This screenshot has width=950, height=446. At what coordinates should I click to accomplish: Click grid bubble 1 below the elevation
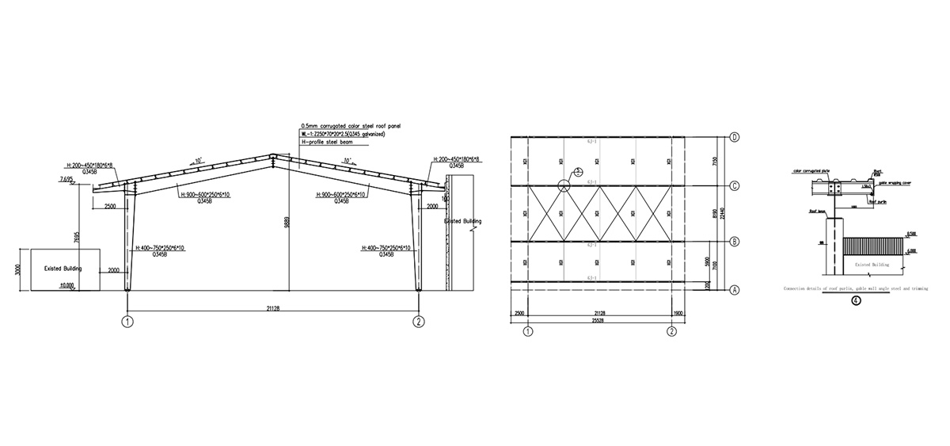click(x=127, y=321)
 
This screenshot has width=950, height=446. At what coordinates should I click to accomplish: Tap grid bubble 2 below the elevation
click(x=420, y=321)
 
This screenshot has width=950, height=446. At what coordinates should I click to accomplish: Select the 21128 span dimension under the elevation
click(x=274, y=305)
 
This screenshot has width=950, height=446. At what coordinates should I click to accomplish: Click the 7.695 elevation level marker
click(x=66, y=181)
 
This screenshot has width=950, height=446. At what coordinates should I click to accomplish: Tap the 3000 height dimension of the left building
click(x=16, y=269)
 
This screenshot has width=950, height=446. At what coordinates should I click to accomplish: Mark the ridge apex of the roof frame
click(x=272, y=155)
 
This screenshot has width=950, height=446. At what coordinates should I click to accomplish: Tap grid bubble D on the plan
click(x=735, y=137)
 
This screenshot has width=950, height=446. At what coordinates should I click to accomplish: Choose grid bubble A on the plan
click(x=735, y=290)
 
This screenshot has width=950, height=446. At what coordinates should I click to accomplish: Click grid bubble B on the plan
click(x=735, y=241)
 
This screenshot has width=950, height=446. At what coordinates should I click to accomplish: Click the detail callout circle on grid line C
click(x=563, y=186)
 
